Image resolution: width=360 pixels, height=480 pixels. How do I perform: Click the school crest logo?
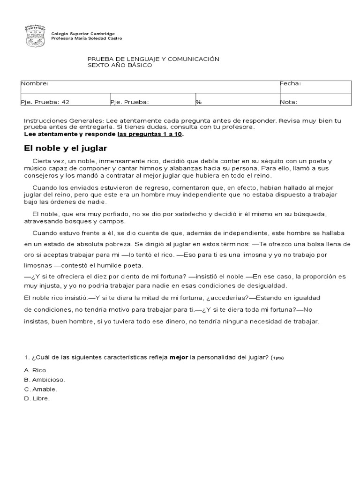click(x=35, y=36)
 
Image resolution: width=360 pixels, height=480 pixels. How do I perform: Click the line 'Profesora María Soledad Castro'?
click(x=86, y=38)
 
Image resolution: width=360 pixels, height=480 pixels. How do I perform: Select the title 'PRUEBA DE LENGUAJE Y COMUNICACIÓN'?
click(x=154, y=59)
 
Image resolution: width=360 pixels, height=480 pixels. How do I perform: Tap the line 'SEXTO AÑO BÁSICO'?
click(x=120, y=66)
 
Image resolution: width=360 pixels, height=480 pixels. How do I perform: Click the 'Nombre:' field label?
click(x=35, y=83)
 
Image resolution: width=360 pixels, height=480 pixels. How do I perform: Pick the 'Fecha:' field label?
click(x=291, y=83)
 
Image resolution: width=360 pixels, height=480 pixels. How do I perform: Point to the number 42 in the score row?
click(x=66, y=102)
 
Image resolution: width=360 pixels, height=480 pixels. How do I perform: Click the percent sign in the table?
click(x=198, y=102)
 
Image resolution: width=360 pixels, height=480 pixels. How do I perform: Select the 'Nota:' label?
click(x=289, y=102)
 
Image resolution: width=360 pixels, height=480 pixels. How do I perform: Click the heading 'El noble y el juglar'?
click(x=66, y=148)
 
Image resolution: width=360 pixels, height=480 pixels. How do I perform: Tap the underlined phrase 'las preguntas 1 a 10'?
click(x=150, y=134)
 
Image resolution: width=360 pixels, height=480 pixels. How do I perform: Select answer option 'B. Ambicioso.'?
click(x=45, y=379)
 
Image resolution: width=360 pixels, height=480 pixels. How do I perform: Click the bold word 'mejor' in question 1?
click(x=179, y=358)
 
